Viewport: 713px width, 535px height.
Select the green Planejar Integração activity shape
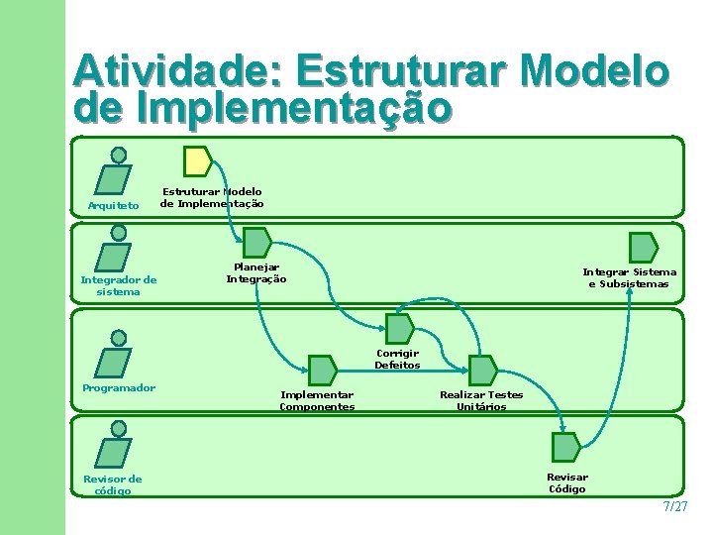(x=256, y=244)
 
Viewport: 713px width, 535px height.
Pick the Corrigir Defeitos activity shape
(x=399, y=329)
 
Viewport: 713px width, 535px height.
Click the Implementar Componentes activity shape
(x=322, y=370)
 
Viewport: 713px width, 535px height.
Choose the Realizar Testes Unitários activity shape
(x=482, y=370)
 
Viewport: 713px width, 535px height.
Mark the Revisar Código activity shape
(x=565, y=448)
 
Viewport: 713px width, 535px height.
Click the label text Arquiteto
(x=114, y=206)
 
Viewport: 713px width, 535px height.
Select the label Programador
(x=119, y=387)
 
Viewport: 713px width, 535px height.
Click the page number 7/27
(x=674, y=506)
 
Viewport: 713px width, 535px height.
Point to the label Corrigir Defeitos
(x=397, y=359)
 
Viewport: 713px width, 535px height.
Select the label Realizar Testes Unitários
(x=481, y=400)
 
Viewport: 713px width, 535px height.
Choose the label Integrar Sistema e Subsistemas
(x=629, y=277)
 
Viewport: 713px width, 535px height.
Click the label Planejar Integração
(x=256, y=272)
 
